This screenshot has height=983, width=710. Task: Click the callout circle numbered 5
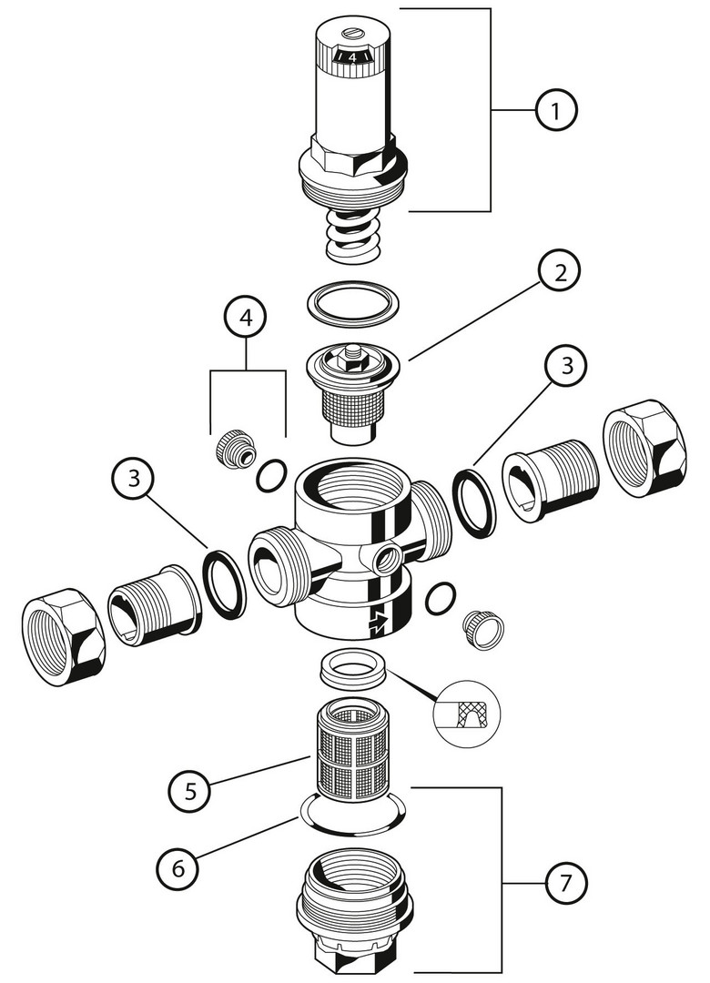pyautogui.click(x=190, y=790)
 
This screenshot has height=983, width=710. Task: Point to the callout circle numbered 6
pyautogui.click(x=177, y=868)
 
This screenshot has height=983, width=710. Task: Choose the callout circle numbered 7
pyautogui.click(x=565, y=882)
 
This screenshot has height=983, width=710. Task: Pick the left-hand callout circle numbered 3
pyautogui.click(x=135, y=481)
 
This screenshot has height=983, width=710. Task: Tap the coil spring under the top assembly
pyautogui.click(x=353, y=235)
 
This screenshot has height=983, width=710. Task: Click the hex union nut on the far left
pyautogui.click(x=63, y=636)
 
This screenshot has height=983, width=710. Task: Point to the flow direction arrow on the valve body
pyautogui.click(x=376, y=623)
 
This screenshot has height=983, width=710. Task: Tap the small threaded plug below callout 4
pyautogui.click(x=235, y=449)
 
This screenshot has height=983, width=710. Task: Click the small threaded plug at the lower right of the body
pyautogui.click(x=483, y=628)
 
